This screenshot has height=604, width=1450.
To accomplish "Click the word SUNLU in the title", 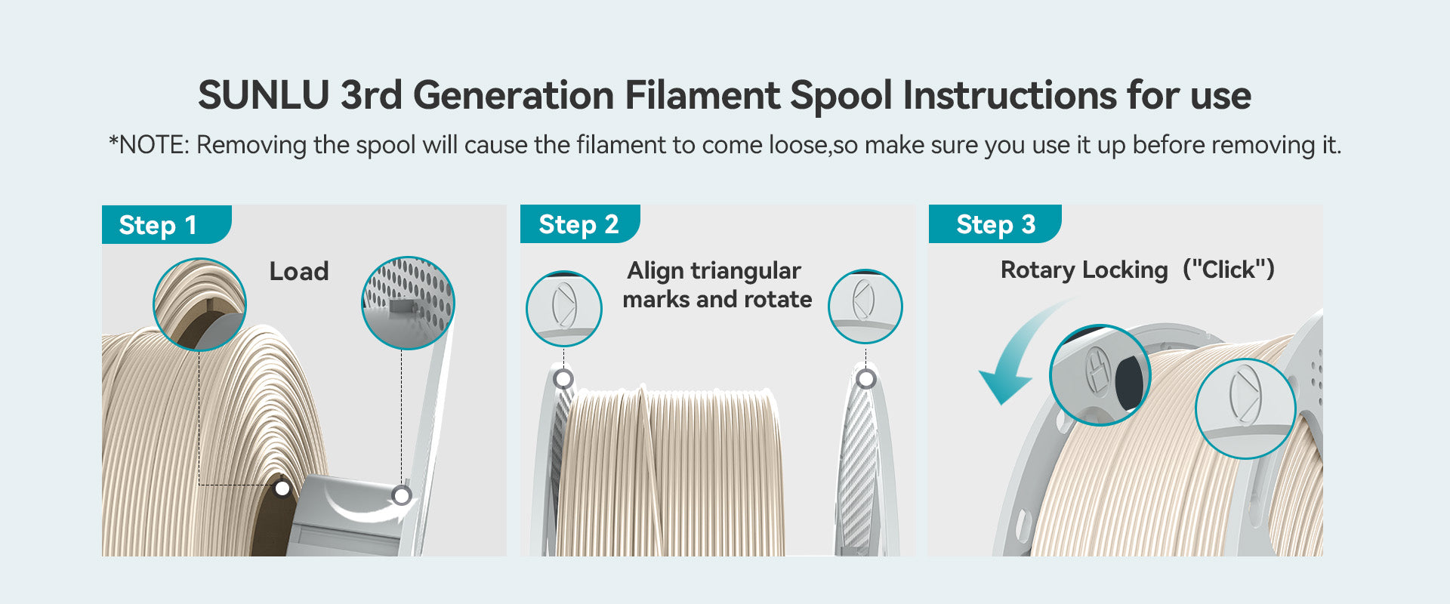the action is tap(264, 96).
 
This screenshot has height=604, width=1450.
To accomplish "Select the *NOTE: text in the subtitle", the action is tap(148, 145).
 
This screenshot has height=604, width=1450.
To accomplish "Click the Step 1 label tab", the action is tap(166, 224).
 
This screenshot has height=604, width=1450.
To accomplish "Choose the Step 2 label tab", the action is tap(580, 223).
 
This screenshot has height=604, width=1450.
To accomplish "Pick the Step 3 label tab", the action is tap(995, 223).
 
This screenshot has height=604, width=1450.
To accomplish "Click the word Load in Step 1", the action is tap(299, 271).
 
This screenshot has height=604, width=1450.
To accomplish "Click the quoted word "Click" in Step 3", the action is tap(1229, 270).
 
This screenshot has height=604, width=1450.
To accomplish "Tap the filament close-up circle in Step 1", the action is tap(200, 304).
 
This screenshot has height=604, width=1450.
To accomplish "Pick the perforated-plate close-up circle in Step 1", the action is tap(408, 303).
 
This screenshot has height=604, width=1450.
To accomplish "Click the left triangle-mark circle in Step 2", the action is tap(564, 308).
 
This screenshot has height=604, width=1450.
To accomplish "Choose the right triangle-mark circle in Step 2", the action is tap(865, 306).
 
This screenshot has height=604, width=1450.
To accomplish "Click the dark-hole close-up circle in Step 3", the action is tap(1100, 374).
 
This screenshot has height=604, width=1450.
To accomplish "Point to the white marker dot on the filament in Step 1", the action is tap(282, 488).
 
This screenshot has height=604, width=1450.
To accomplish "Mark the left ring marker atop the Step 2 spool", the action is tap(563, 378).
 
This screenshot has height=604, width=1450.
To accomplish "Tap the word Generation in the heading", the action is tap(514, 96).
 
